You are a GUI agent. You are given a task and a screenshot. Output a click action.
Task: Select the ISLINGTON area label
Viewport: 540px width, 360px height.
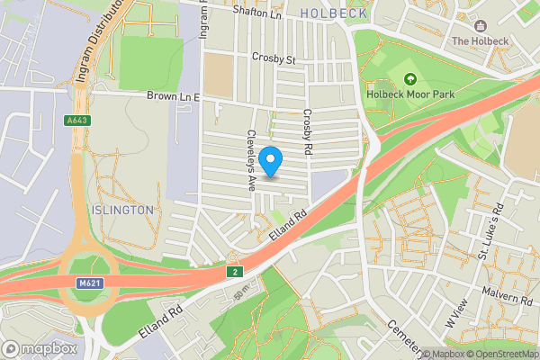tap(123, 210)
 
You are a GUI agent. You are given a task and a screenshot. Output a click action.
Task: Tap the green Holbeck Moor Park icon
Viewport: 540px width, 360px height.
tap(410, 79)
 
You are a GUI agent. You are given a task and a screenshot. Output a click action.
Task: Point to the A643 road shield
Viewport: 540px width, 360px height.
tap(76, 120)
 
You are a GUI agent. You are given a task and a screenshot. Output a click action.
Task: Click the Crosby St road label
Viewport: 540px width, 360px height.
tap(274, 59)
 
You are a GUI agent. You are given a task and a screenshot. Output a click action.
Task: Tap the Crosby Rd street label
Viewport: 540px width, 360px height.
tap(307, 131)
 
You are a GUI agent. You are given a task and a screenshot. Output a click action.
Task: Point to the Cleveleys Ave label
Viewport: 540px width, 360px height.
tap(251, 158)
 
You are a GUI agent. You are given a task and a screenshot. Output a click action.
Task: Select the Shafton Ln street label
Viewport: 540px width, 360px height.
tap(257, 12)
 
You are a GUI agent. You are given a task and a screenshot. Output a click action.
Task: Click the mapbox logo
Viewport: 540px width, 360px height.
tap(40, 348)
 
